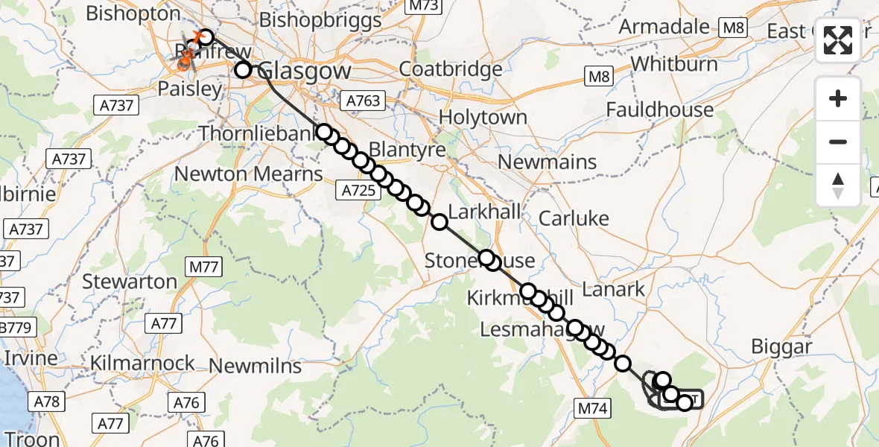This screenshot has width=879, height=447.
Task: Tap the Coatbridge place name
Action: [x=451, y=69]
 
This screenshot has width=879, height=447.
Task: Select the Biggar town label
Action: [x=781, y=346]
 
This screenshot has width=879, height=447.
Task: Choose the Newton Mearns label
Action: [x=248, y=174]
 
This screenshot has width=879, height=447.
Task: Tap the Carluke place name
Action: [x=574, y=218]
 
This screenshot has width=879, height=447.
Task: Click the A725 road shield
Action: [x=359, y=191]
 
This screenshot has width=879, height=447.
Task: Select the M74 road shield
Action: [x=593, y=408]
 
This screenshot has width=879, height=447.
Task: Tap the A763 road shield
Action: [x=363, y=100]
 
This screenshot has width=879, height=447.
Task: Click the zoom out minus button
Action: [x=838, y=142]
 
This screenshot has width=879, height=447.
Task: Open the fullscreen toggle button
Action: [x=838, y=41]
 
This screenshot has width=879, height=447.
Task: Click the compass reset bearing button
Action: [x=838, y=185]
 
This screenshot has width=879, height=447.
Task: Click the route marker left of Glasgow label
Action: [x=243, y=70]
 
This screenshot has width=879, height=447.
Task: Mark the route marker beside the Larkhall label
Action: [x=439, y=221]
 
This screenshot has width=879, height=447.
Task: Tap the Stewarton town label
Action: [x=130, y=282]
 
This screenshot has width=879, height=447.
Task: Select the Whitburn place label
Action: [x=674, y=63]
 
